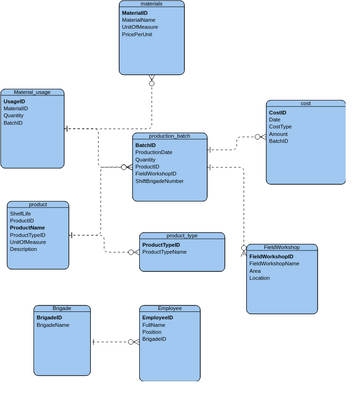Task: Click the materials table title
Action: click(x=151, y=4)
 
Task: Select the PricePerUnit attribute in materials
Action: click(x=137, y=34)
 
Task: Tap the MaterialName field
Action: click(x=138, y=20)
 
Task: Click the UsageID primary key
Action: click(x=14, y=101)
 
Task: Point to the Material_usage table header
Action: click(x=32, y=92)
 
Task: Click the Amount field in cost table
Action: click(x=278, y=134)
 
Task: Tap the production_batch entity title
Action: click(x=169, y=136)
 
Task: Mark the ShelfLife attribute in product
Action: click(x=20, y=213)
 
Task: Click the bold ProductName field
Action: click(x=28, y=227)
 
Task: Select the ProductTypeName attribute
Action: click(x=164, y=252)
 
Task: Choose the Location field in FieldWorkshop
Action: click(x=259, y=278)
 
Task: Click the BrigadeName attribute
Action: click(x=52, y=325)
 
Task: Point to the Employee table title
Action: click(x=169, y=308)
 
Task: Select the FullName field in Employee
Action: click(x=154, y=325)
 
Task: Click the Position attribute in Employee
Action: click(x=152, y=332)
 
